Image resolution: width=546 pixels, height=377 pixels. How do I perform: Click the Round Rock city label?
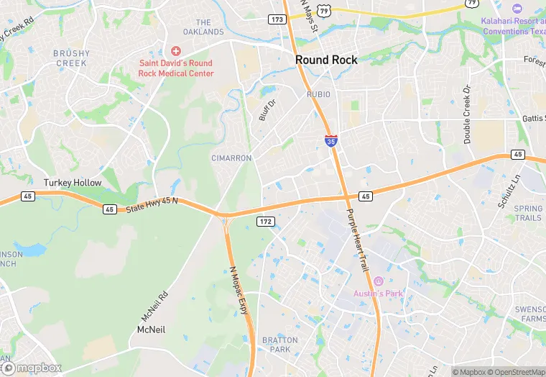(x=326, y=60)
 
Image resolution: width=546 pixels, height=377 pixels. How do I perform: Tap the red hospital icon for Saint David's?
(x=176, y=51)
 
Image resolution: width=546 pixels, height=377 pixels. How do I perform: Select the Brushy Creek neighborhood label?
(x=71, y=58)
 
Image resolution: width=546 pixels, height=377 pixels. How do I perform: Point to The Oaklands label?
(x=204, y=27)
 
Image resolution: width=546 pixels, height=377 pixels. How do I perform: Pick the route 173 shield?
(x=277, y=19)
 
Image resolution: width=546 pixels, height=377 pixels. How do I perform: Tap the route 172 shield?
(x=265, y=222)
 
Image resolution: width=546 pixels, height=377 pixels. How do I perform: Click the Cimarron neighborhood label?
(x=231, y=158)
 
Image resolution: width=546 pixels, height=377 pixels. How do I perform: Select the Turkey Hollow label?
(x=73, y=183)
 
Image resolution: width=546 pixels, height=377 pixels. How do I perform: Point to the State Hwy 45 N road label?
(x=153, y=205)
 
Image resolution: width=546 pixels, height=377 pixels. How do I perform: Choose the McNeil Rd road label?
(x=154, y=305)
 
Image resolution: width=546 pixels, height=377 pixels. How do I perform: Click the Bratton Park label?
(x=275, y=345)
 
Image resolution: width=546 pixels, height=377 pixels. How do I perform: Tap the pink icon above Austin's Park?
(x=378, y=281)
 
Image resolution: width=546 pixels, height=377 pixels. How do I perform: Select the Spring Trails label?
(x=528, y=213)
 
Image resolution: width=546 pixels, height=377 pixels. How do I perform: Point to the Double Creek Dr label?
(x=467, y=115)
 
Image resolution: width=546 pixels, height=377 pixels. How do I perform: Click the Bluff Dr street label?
(x=267, y=109)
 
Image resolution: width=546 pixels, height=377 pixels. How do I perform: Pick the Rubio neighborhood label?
(x=318, y=94)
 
